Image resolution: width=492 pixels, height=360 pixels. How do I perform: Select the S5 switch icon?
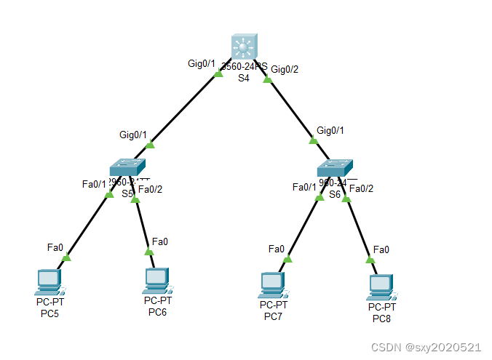point(129,168)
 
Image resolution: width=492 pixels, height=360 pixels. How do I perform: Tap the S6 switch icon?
point(336,169)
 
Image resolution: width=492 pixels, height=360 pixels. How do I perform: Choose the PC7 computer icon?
point(272,284)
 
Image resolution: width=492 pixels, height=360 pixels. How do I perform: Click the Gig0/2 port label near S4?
point(285,69)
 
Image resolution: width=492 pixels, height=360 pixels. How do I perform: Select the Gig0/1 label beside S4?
point(202,64)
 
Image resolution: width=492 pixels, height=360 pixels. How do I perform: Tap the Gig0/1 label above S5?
point(133,135)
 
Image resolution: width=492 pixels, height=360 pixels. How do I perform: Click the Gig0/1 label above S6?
point(330,130)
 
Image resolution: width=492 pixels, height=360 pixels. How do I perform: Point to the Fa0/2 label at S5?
point(150,190)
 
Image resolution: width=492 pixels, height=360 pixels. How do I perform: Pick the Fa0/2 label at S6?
point(361,188)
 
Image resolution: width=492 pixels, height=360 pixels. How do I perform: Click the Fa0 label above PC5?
point(55,247)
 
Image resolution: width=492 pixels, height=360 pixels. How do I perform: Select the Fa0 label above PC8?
point(381,249)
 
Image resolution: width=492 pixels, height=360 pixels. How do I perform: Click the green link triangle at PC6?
point(149,252)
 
